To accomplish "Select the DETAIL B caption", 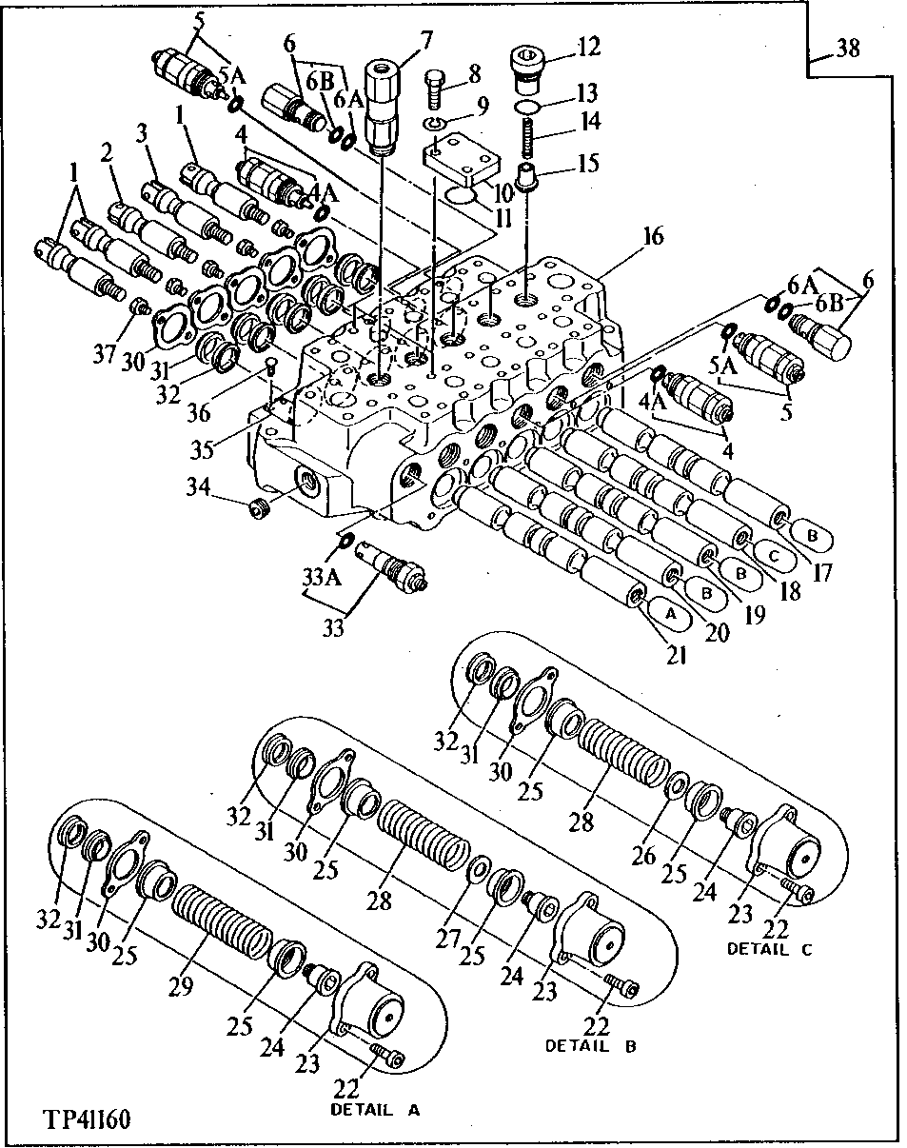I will pyautogui.click(x=589, y=1045).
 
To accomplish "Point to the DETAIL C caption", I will pyautogui.click(x=772, y=948).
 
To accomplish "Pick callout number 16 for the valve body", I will pyautogui.click(x=654, y=237).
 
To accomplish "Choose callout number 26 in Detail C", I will pyautogui.click(x=643, y=855).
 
